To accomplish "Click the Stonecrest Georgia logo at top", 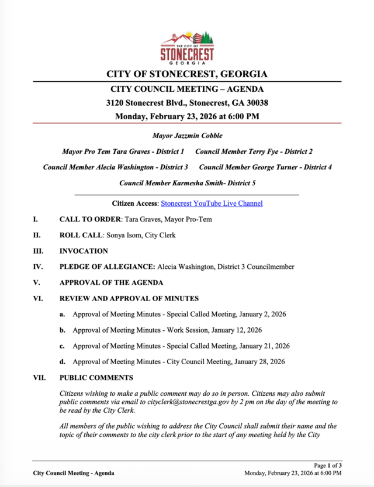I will point(187,47).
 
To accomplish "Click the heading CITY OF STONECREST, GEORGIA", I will point(187,74).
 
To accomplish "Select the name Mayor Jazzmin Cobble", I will point(187,136).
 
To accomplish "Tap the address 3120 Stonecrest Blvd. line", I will point(187,102).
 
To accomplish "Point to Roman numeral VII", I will point(39,378).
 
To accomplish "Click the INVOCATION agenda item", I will point(84,251).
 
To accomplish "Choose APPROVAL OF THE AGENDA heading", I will point(111,282).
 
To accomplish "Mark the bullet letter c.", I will point(62,346).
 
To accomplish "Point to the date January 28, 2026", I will point(259,362).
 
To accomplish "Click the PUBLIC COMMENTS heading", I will point(96,378).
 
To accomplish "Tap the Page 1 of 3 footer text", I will point(328,465).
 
